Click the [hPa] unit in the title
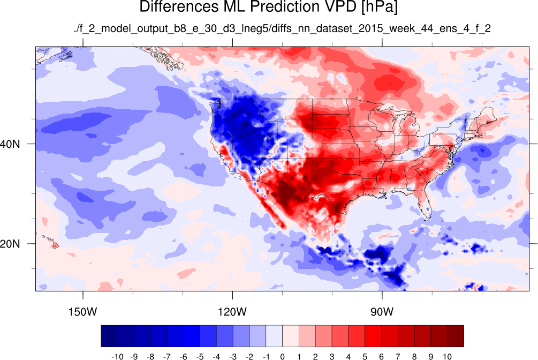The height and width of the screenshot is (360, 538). click(x=379, y=7)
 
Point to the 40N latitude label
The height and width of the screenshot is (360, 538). click(x=10, y=144)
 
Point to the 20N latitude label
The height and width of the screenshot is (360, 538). click(x=10, y=244)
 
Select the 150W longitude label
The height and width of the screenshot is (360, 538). click(x=82, y=312)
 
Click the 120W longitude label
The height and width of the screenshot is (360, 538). click(x=233, y=312)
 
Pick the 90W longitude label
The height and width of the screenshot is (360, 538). click(x=382, y=312)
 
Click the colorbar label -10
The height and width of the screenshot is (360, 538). click(x=117, y=357)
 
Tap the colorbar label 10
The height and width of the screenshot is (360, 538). click(x=447, y=357)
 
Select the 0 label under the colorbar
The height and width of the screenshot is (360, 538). click(x=282, y=357)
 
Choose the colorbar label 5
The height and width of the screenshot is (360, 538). click(x=365, y=357)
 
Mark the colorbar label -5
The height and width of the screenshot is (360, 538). click(x=200, y=357)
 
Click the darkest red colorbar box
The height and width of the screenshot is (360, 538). click(x=456, y=336)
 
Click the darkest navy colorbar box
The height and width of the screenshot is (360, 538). click(x=109, y=336)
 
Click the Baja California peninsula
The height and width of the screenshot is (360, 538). click(x=269, y=205)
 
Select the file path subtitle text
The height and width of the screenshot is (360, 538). click(x=282, y=28)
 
